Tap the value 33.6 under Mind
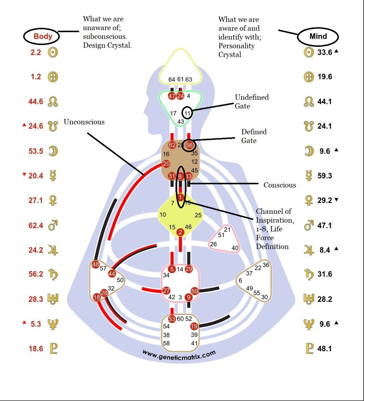tap(325, 52)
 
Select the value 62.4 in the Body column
tap(36, 226)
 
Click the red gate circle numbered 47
tap(172, 96)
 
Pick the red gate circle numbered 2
tap(180, 232)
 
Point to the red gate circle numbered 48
tap(95, 264)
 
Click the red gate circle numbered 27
tap(166, 291)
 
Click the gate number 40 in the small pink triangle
tap(235, 247)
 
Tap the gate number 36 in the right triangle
tap(266, 265)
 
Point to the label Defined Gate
tap(254, 135)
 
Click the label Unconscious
tap(84, 122)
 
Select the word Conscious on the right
tap(279, 185)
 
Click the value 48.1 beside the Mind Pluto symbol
tap(325, 348)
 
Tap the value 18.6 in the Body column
tap(36, 348)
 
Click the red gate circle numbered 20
tap(166, 164)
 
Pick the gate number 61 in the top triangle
tap(180, 79)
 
